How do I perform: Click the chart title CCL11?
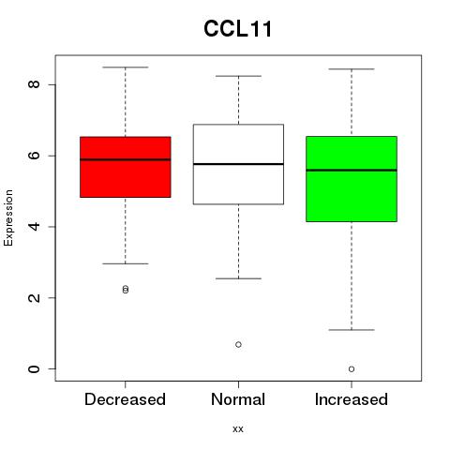click(238, 29)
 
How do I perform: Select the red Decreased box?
click(126, 167)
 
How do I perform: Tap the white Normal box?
click(238, 164)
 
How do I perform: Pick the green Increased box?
click(352, 179)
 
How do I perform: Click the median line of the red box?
click(126, 159)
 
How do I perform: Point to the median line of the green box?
click(352, 171)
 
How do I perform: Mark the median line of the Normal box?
click(238, 164)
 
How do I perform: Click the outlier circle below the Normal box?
click(238, 344)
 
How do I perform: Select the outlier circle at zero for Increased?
click(352, 369)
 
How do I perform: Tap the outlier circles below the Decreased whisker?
click(126, 290)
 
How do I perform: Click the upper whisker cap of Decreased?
click(126, 67)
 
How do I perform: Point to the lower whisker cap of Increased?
click(352, 330)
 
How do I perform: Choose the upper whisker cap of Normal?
click(238, 76)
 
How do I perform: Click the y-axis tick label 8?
click(34, 84)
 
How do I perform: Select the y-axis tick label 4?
click(34, 227)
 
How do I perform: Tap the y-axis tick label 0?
click(34, 368)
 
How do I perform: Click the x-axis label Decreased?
click(125, 399)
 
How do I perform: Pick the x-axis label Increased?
click(352, 399)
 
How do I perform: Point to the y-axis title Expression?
click(8, 217)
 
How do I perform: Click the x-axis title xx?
click(238, 429)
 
